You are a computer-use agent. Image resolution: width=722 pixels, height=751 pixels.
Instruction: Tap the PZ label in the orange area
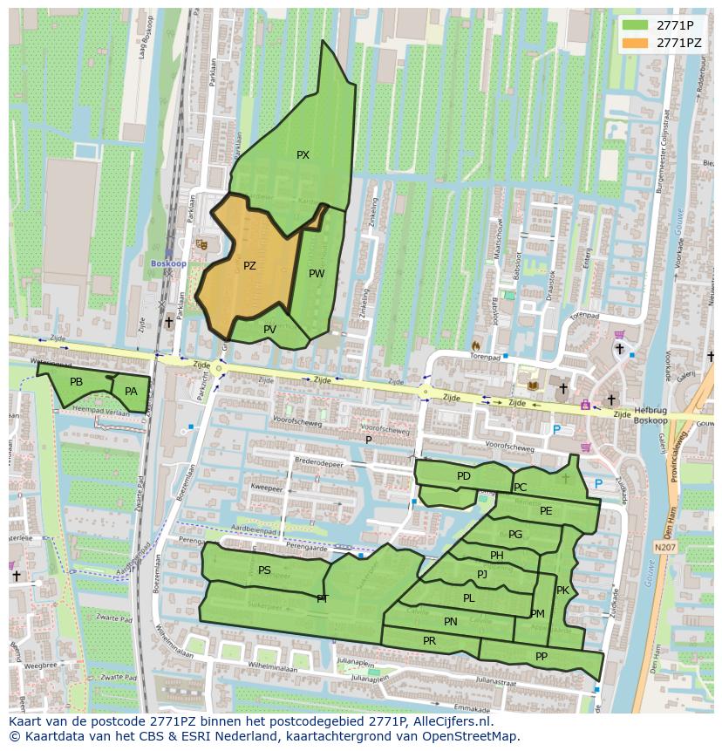coord(249,266)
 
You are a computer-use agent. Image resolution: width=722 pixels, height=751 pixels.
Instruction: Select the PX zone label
coord(303,155)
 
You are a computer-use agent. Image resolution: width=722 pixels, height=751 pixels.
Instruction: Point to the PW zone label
coord(317,274)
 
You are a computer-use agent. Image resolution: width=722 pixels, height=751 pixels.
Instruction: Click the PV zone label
coord(269,330)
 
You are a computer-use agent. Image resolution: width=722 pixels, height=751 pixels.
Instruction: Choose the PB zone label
coord(76,382)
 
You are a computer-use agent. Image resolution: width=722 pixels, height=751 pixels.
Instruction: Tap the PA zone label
coord(131,392)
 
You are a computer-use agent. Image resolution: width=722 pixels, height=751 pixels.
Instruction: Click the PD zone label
coord(463,476)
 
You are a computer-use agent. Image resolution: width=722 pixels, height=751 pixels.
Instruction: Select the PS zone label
coord(264,570)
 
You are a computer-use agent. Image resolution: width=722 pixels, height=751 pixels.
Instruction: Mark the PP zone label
coord(541,657)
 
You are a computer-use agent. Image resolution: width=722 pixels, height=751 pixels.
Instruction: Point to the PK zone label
coord(562,591)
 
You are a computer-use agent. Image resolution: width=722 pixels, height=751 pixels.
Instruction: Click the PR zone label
coord(429,640)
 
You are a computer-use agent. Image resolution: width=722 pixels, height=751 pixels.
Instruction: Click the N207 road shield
coord(664,547)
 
